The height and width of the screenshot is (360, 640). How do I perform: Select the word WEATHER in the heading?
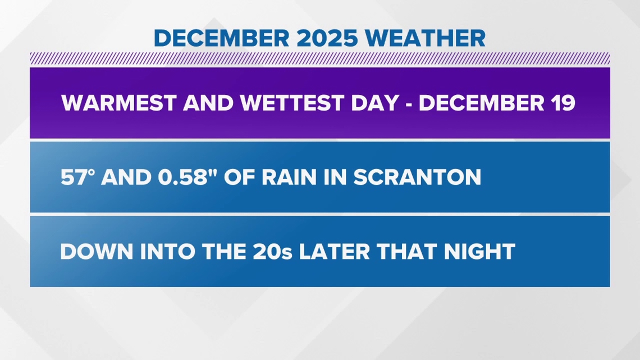pyautogui.click(x=429, y=38)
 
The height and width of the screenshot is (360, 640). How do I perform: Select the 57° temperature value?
pyautogui.click(x=77, y=177)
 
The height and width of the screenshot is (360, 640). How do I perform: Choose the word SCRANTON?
pyautogui.click(x=417, y=177)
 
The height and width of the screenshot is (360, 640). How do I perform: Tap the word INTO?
pyautogui.click(x=161, y=252)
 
